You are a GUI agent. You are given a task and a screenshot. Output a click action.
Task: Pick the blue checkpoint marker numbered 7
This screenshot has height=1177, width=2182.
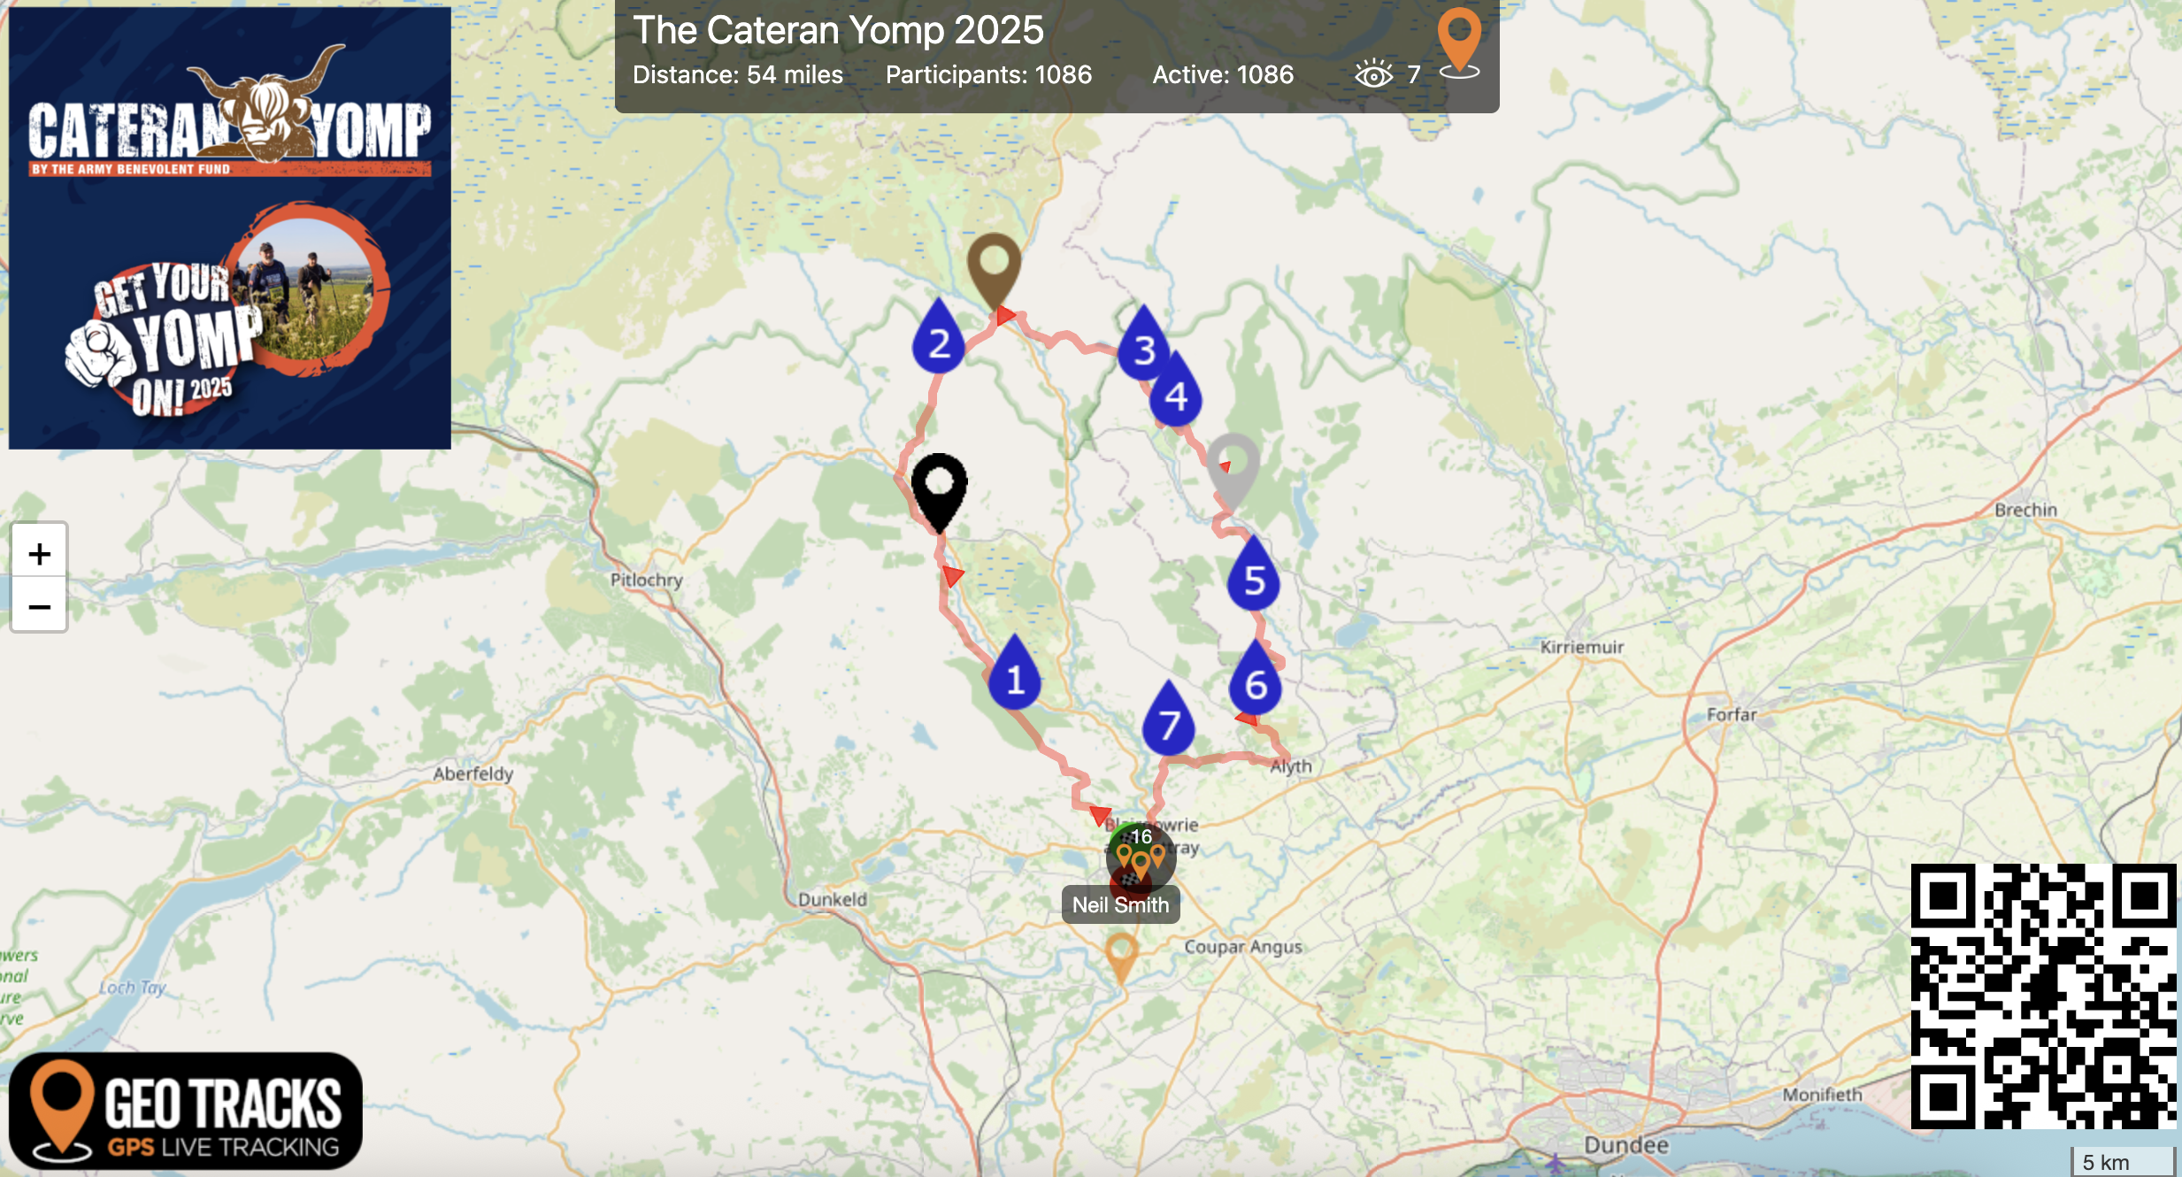tap(1169, 721)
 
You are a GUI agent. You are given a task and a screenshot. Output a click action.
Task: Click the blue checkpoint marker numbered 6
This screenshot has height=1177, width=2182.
tap(1256, 681)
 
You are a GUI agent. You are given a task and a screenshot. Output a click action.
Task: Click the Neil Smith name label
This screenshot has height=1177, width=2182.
tap(1120, 905)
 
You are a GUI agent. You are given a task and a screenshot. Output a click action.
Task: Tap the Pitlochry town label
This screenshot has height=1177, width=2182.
tap(646, 580)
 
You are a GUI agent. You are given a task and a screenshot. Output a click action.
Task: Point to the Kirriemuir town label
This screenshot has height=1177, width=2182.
tap(1581, 647)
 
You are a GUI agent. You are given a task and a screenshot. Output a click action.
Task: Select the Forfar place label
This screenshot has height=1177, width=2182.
tap(1731, 714)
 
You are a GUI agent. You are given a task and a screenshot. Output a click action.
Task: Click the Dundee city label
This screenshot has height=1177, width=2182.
tap(1625, 1145)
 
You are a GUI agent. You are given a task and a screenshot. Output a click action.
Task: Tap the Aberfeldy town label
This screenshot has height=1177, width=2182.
tap(473, 773)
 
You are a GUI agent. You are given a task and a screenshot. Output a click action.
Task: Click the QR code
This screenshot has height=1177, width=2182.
tap(2043, 996)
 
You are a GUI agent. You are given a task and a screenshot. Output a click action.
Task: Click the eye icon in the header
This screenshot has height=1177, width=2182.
tap(1373, 74)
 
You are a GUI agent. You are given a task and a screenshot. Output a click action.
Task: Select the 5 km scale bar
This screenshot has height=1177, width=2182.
tap(2122, 1162)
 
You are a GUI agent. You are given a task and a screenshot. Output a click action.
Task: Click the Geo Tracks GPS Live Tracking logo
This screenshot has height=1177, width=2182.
tap(186, 1111)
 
